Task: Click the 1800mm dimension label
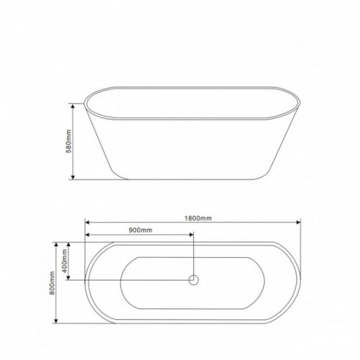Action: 198,218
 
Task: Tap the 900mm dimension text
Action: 140,230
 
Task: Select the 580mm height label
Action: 68,141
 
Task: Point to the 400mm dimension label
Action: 64,261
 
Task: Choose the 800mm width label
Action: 52,283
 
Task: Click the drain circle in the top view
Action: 194,280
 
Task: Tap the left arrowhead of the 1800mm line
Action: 87,222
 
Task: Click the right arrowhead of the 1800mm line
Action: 299,222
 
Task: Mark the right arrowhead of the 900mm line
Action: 192,235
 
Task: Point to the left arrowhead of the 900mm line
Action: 87,235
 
